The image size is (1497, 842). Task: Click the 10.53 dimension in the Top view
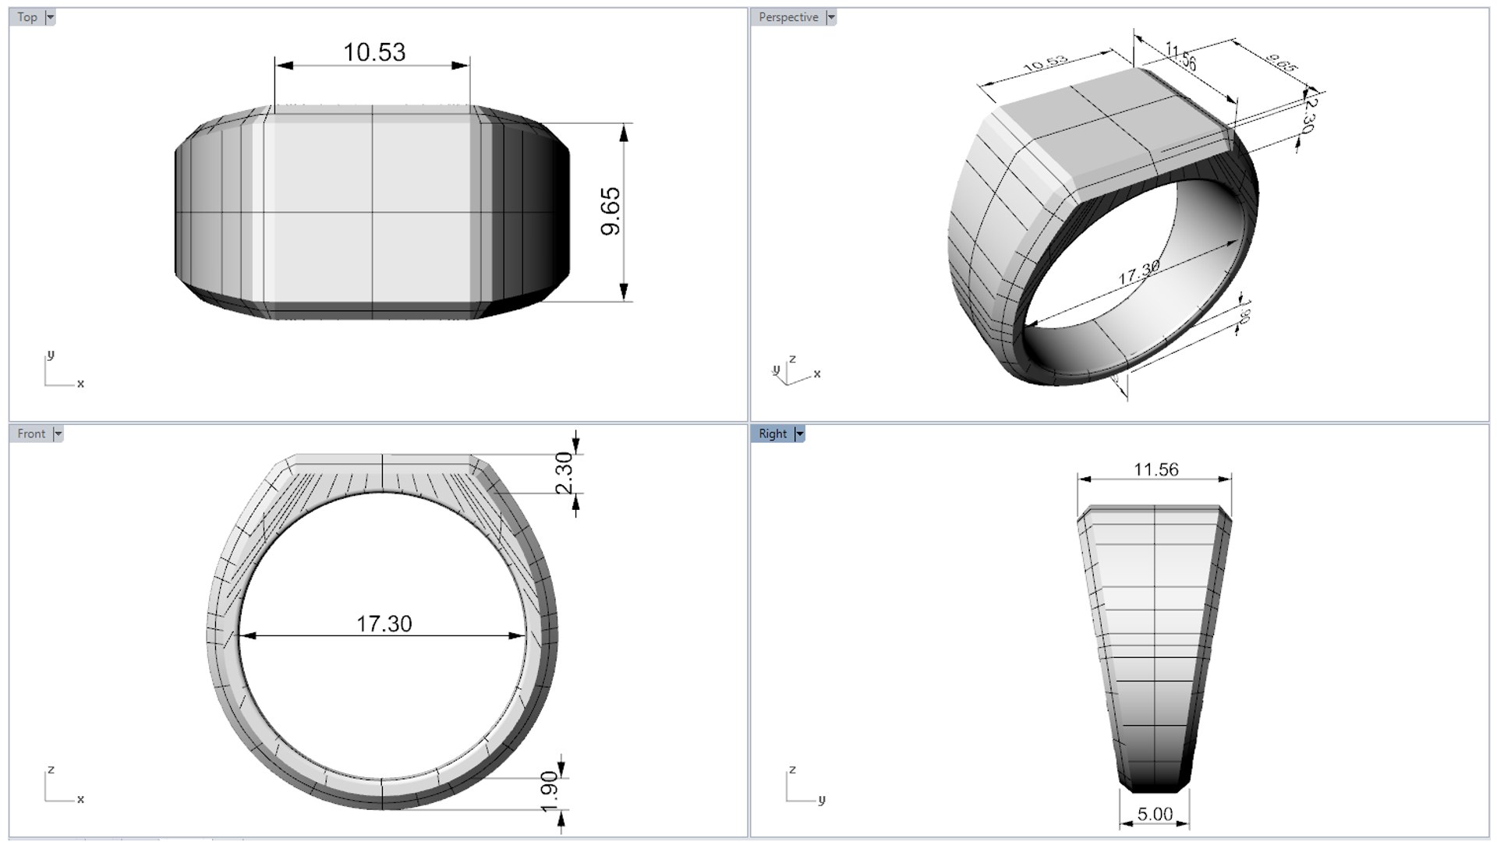374,52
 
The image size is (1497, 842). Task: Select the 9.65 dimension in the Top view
610,211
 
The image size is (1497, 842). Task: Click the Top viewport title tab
27,17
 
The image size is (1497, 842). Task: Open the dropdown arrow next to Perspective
831,17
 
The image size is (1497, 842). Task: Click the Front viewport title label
31,433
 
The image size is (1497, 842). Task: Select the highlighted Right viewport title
772,433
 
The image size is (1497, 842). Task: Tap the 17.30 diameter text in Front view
384,624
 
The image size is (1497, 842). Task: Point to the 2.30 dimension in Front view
564,472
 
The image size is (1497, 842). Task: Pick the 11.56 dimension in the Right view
1155,469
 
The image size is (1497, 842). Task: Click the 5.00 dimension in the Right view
1155,814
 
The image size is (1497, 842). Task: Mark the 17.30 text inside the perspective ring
1138,273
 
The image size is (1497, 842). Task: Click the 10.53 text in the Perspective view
1045,63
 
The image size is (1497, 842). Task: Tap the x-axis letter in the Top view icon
80,384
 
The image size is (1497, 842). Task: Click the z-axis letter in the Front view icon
51,769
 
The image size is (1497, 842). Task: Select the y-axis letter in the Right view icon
822,799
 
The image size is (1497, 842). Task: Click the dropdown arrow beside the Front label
58,433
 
